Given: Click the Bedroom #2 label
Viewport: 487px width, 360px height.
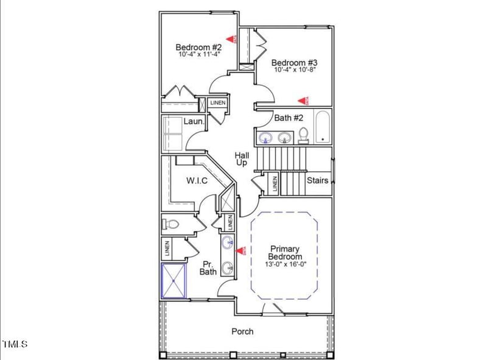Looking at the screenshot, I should (198, 47).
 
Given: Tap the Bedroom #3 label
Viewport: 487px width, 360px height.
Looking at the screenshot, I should (295, 62).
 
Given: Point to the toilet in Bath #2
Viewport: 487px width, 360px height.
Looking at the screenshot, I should (303, 134).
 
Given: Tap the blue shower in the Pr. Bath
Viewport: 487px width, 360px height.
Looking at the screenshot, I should (173, 281).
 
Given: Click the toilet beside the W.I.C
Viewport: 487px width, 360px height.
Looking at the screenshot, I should (170, 225).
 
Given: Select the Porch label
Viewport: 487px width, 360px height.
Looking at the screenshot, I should (242, 331).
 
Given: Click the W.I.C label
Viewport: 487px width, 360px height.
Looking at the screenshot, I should (197, 180).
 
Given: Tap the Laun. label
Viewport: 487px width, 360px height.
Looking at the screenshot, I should (194, 122).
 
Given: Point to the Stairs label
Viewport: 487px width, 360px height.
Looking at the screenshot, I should (317, 180).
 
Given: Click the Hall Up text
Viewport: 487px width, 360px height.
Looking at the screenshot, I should (242, 160).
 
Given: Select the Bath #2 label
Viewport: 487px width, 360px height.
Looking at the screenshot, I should (288, 118).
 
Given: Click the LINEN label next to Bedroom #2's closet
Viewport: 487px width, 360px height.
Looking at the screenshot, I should (218, 102).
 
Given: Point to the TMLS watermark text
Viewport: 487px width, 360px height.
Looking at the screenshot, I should (15, 344).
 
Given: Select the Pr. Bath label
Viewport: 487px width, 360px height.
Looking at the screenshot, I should (209, 267).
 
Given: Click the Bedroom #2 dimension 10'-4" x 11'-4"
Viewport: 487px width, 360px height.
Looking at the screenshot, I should (198, 54).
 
